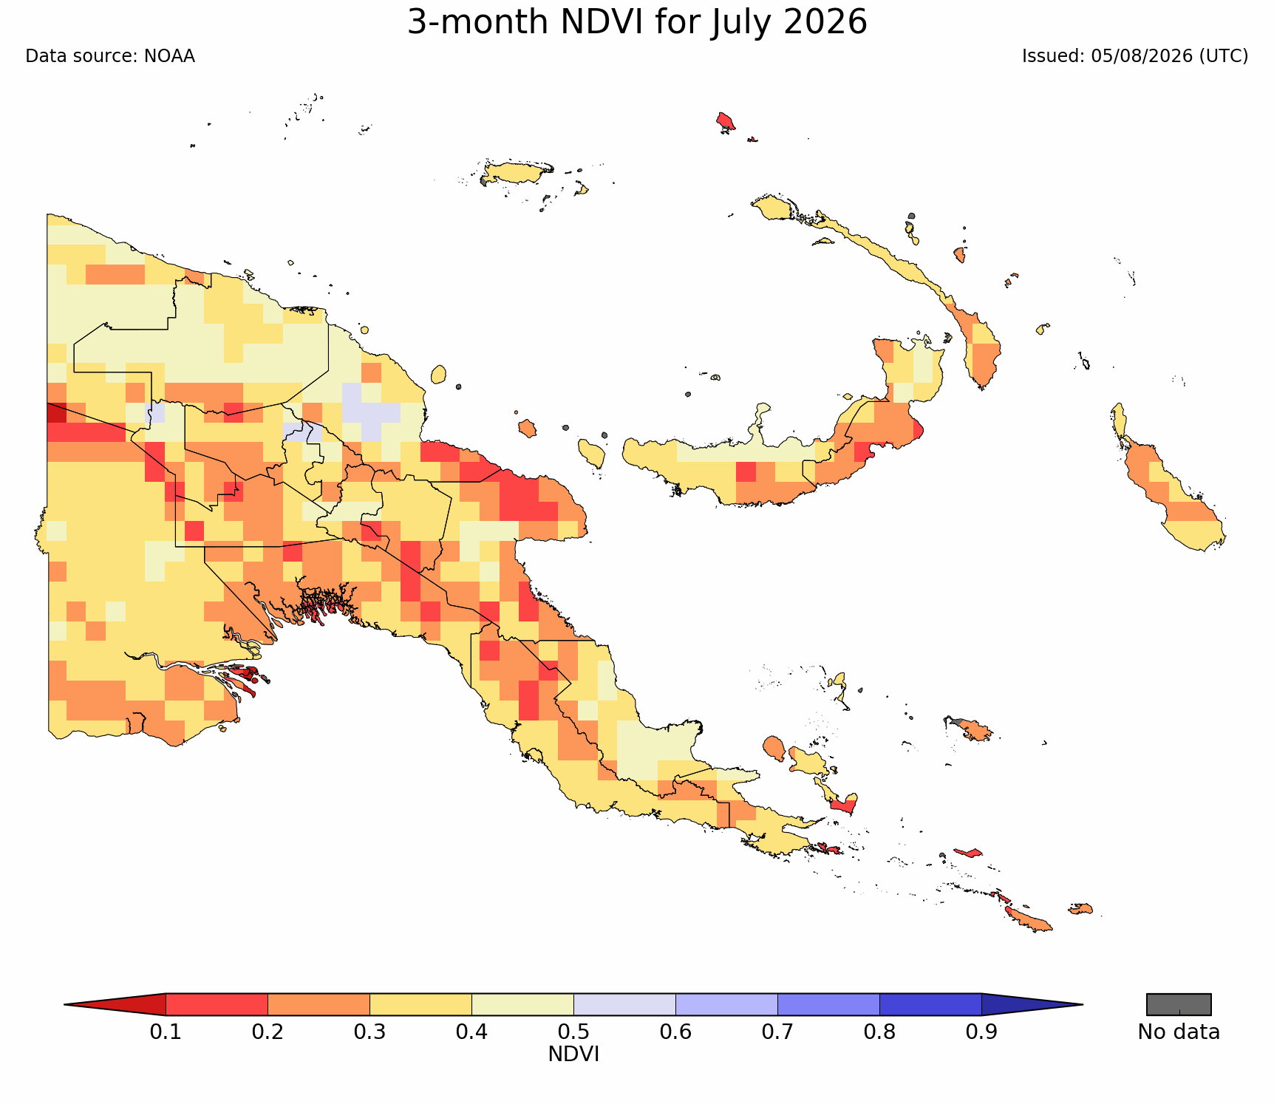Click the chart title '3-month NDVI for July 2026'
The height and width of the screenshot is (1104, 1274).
tap(637, 23)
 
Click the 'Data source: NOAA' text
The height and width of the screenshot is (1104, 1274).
tap(110, 56)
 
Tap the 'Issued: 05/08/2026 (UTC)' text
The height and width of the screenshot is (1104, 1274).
tap(1135, 56)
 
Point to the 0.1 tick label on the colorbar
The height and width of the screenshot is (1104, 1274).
tap(166, 1032)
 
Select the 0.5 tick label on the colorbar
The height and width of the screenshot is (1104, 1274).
tap(573, 1032)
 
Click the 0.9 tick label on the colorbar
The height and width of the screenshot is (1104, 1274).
tap(981, 1032)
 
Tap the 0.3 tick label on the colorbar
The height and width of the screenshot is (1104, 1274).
tap(369, 1032)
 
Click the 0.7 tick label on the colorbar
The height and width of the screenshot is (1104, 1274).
tap(777, 1032)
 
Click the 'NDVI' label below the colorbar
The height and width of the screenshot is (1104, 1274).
tap(573, 1054)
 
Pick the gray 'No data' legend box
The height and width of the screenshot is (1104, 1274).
tap(1179, 1005)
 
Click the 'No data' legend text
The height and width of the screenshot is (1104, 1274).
tap(1179, 1032)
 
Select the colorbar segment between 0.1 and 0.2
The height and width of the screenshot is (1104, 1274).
tap(217, 1005)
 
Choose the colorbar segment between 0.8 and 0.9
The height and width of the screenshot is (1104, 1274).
tap(930, 1005)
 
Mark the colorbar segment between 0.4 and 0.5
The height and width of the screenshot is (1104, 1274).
tap(522, 1005)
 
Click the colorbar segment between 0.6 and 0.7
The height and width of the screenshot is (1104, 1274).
tap(726, 1005)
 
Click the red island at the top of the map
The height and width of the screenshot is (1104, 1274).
tap(726, 121)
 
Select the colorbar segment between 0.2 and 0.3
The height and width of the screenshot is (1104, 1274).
tap(318, 1005)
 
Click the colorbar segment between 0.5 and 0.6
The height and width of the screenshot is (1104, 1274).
tap(624, 1005)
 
